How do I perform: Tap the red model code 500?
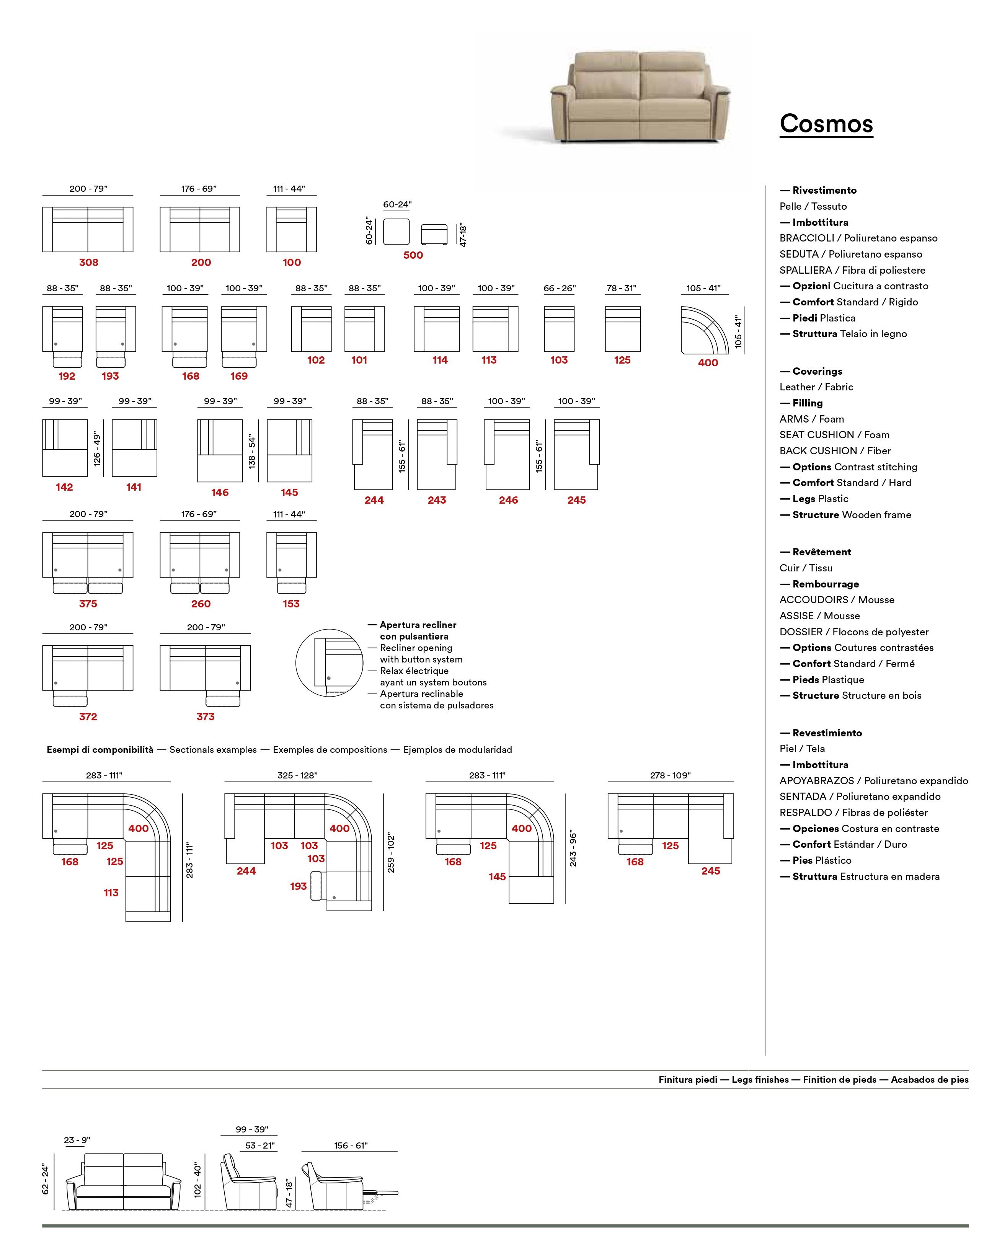[x=413, y=255]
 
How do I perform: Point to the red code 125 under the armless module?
[x=622, y=360]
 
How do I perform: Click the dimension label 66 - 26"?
[x=560, y=288]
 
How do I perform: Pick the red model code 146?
[x=220, y=492]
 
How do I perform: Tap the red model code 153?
[x=291, y=604]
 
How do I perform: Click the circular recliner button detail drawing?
[x=329, y=662]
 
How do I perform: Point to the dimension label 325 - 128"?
[x=297, y=775]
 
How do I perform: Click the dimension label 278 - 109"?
[x=670, y=775]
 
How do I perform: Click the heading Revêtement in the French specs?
[x=821, y=552]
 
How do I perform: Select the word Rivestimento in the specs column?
[x=824, y=191]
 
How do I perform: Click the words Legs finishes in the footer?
[x=760, y=1079]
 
